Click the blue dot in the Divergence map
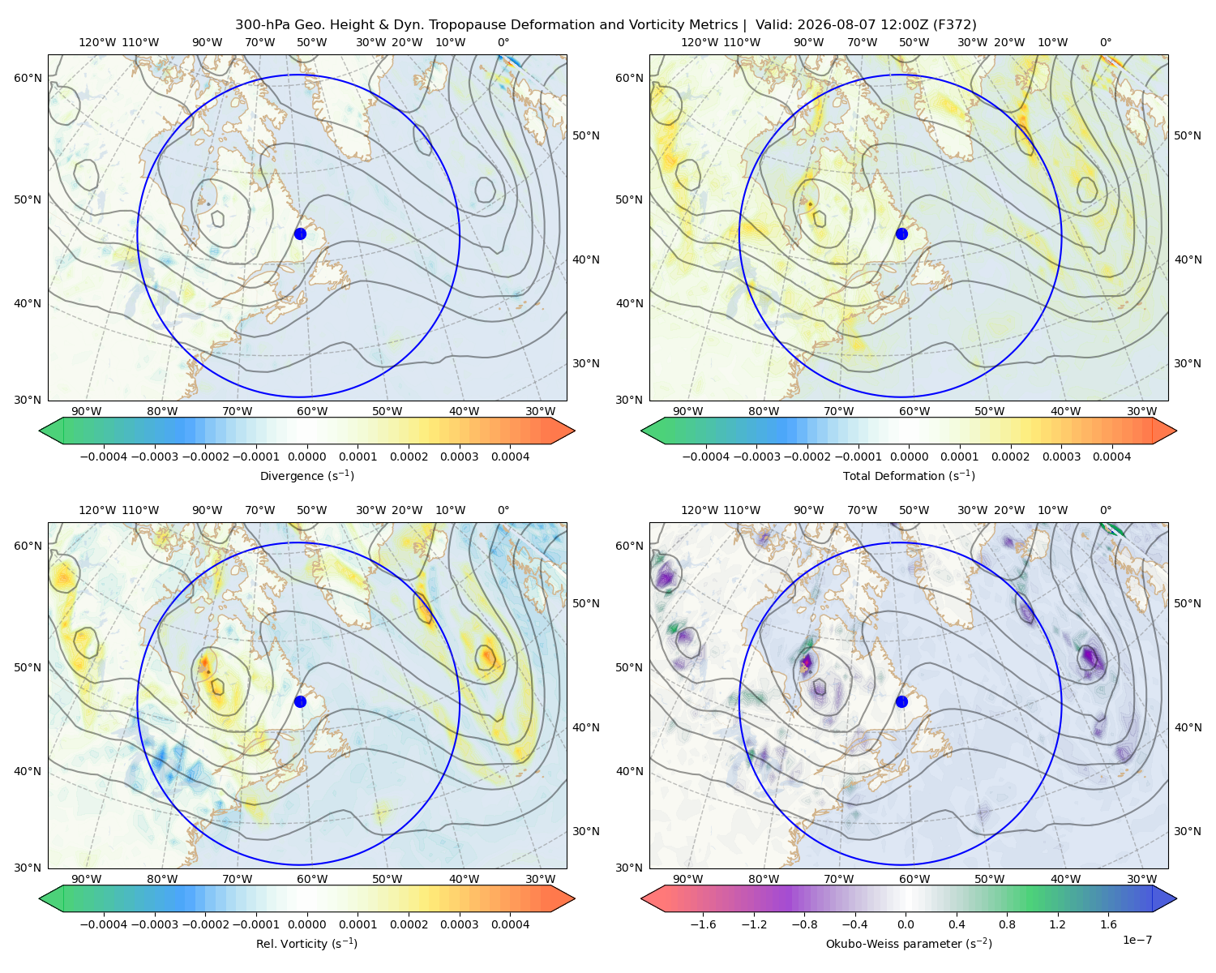click(x=300, y=234)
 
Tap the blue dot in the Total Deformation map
click(x=901, y=234)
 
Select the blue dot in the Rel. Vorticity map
click(x=300, y=701)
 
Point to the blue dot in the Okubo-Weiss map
click(x=901, y=701)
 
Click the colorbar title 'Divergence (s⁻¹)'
click(x=306, y=475)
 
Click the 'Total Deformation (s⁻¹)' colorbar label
click(x=909, y=475)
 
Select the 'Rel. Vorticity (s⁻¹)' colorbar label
click(x=306, y=943)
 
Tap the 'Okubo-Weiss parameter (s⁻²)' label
click(x=909, y=943)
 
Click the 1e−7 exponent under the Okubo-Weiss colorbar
click(x=1137, y=940)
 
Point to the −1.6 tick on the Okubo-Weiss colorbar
click(x=704, y=924)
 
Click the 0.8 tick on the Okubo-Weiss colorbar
click(x=1007, y=924)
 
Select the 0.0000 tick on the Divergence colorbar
click(x=306, y=456)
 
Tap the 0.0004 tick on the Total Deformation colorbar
click(x=1111, y=456)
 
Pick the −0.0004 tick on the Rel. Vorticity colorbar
click(x=104, y=924)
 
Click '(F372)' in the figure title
click(x=954, y=25)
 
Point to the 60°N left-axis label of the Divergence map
click(x=28, y=78)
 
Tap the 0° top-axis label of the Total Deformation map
click(x=1105, y=42)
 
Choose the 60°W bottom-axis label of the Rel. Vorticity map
click(x=312, y=879)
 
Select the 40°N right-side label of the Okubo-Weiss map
click(x=1188, y=727)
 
